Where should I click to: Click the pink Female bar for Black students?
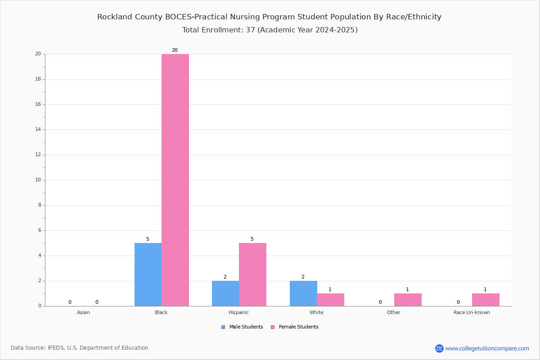point(175,180)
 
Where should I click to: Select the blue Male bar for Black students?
point(148,274)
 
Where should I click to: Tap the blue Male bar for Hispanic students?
point(225,293)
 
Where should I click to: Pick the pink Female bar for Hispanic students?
point(252,274)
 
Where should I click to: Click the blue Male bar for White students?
point(303,293)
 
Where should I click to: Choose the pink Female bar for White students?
point(330,300)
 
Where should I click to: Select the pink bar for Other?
point(408,300)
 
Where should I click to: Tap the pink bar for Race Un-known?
point(486,300)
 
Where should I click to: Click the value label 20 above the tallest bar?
point(175,50)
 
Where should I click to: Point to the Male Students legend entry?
point(242,327)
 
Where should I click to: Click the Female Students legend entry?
point(295,327)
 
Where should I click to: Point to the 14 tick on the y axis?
point(38,130)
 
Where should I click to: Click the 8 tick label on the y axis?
point(40,205)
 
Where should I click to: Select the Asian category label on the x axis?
point(83,312)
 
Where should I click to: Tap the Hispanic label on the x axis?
point(238,312)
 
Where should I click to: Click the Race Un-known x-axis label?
point(472,312)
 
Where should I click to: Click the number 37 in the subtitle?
point(251,30)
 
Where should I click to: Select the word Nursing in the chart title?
point(245,17)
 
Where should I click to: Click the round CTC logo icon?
point(440,348)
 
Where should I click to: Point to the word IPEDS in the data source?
point(56,348)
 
